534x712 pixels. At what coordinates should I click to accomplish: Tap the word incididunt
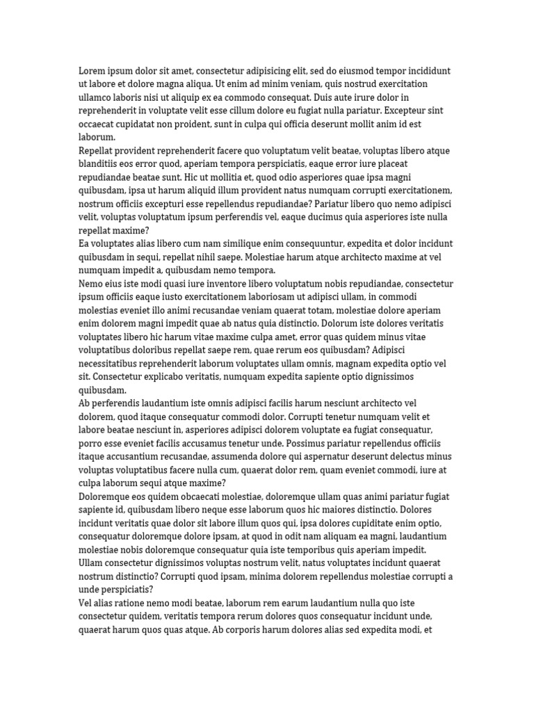424,71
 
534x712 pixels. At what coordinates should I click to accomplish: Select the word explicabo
163,377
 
